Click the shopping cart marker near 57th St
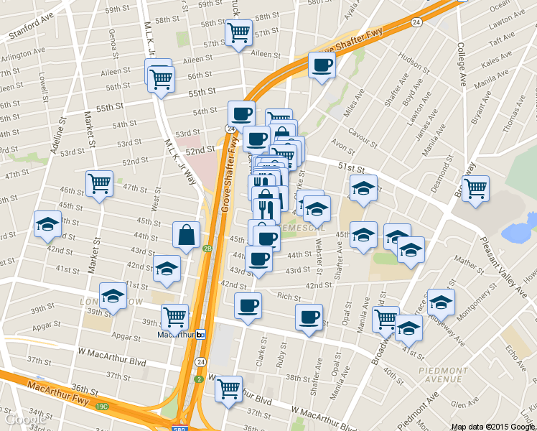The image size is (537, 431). (x=238, y=32)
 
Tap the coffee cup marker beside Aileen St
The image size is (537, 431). (x=321, y=65)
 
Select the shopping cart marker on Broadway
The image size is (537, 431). (x=475, y=189)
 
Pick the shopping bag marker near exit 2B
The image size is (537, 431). (x=186, y=234)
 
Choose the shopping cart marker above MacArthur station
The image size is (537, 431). (x=174, y=317)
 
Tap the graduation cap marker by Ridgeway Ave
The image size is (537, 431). (x=440, y=302)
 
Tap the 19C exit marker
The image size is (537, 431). (x=102, y=407)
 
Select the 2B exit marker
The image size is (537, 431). (x=207, y=249)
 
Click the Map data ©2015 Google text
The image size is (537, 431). (x=492, y=426)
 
